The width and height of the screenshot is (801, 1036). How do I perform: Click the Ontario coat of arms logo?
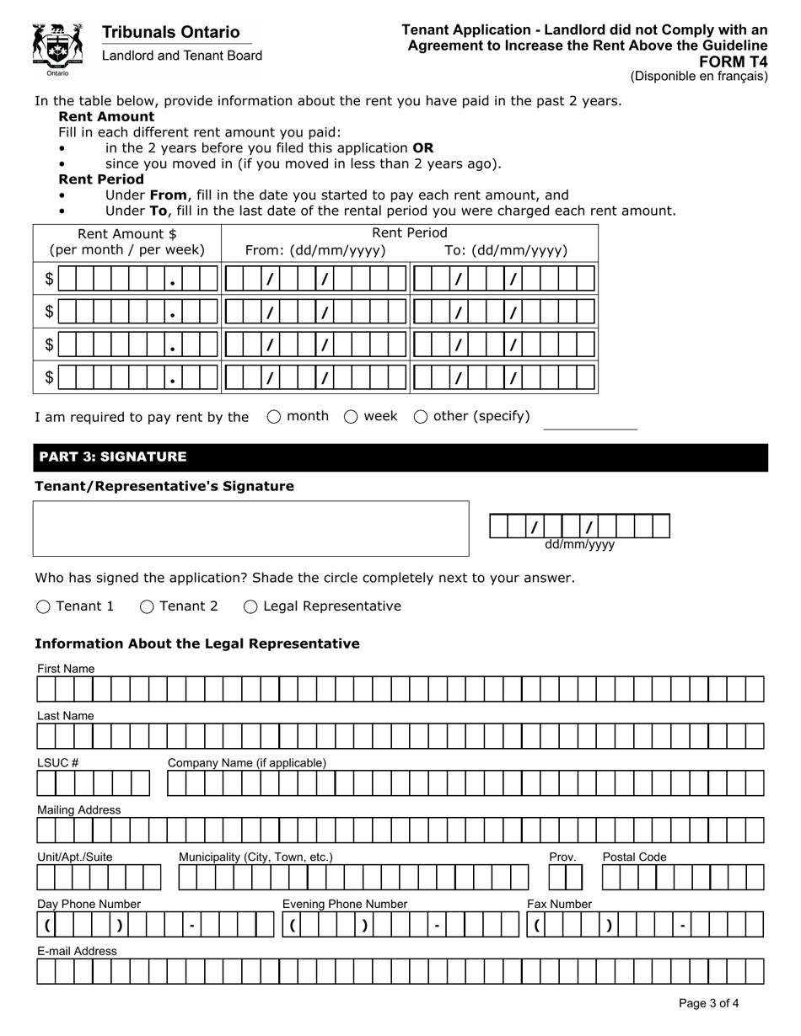[57, 48]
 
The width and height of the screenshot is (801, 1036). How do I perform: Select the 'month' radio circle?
[274, 416]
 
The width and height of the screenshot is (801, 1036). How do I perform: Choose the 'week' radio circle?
[351, 416]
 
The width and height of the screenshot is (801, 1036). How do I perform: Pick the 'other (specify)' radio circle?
[420, 416]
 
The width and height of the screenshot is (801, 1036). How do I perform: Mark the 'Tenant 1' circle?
[44, 606]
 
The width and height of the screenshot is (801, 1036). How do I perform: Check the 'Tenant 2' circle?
[147, 606]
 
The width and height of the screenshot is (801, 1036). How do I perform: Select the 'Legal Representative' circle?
[250, 606]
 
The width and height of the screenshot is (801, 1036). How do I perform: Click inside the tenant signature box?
[250, 528]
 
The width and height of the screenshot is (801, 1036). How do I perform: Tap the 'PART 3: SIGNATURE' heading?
[112, 457]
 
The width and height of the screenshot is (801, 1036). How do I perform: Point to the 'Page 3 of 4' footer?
[708, 1003]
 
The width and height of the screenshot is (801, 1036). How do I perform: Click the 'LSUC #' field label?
[57, 763]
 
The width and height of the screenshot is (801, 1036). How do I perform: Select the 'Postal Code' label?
[634, 857]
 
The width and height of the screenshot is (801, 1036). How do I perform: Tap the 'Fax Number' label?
[559, 905]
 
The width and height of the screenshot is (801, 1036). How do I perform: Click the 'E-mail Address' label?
[77, 951]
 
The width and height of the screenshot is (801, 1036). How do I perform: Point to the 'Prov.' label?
[562, 857]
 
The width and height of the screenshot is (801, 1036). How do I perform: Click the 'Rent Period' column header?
[409, 233]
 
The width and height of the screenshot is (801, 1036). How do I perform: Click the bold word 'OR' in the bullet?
[422, 147]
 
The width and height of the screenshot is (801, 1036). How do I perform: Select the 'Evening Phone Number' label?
[344, 905]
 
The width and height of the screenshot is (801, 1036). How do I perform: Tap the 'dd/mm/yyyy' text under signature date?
[579, 545]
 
